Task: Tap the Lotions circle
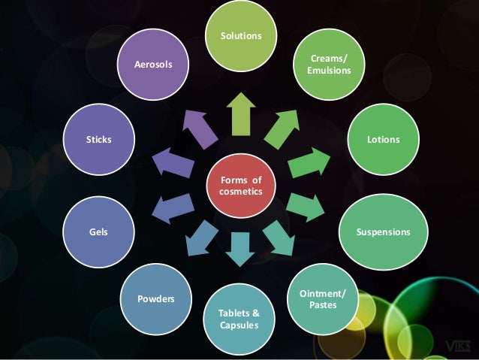pyautogui.click(x=383, y=141)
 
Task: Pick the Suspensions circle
pyautogui.click(x=383, y=232)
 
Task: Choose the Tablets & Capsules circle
pyautogui.click(x=239, y=319)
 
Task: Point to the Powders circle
pyautogui.click(x=155, y=299)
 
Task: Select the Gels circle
pyautogui.click(x=98, y=232)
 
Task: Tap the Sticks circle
pyautogui.click(x=98, y=141)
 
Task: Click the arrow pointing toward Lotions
pyautogui.click(x=309, y=162)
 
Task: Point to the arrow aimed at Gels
pyautogui.click(x=170, y=208)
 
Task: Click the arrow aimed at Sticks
pyautogui.click(x=172, y=162)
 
